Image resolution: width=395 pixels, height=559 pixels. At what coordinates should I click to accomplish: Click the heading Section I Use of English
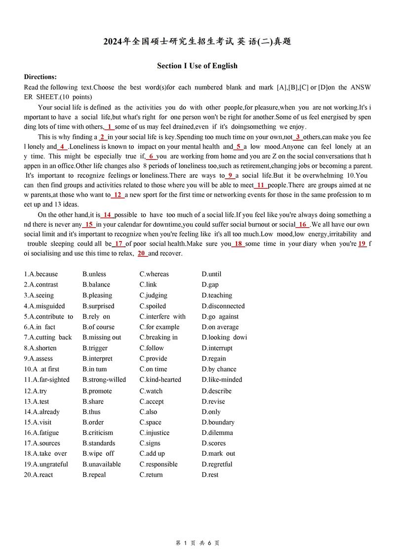coord(197,66)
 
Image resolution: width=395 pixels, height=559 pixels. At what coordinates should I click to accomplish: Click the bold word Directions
coord(40,77)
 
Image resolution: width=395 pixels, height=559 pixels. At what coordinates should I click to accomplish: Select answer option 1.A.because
coord(40,274)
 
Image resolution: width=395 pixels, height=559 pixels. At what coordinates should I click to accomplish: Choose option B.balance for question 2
coord(96,284)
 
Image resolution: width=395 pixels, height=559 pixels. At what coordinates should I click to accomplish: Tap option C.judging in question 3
coord(153,295)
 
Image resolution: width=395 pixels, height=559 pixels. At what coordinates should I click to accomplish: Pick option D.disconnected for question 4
coord(223,306)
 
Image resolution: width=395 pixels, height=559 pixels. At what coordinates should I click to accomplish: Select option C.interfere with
coord(162,317)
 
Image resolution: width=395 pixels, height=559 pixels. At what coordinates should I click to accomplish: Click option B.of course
coord(98,327)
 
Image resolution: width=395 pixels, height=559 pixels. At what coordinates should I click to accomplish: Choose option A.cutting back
coord(47,337)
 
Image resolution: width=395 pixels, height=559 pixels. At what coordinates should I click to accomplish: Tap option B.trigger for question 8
coord(95,348)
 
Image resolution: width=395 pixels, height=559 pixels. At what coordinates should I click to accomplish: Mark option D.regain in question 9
coord(214,359)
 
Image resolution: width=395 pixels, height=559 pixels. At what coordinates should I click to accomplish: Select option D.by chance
coord(219,369)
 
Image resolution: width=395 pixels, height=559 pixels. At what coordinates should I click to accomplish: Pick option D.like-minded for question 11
coord(222,380)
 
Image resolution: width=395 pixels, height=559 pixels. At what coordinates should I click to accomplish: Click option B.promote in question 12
coord(97,391)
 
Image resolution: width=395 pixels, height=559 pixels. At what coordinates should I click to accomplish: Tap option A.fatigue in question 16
coord(41,433)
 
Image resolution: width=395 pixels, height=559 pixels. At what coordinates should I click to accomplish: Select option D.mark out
coord(218,453)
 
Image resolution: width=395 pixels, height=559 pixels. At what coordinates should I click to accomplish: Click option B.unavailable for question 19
coord(102,464)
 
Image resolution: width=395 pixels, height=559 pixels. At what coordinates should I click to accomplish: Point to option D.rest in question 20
coord(210,475)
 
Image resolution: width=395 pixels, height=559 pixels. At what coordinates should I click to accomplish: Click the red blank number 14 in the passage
coord(107,215)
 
